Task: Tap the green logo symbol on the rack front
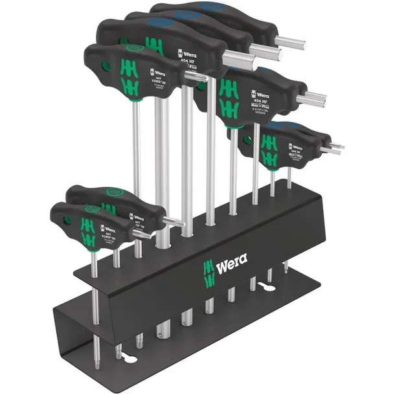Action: [x=209, y=272]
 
